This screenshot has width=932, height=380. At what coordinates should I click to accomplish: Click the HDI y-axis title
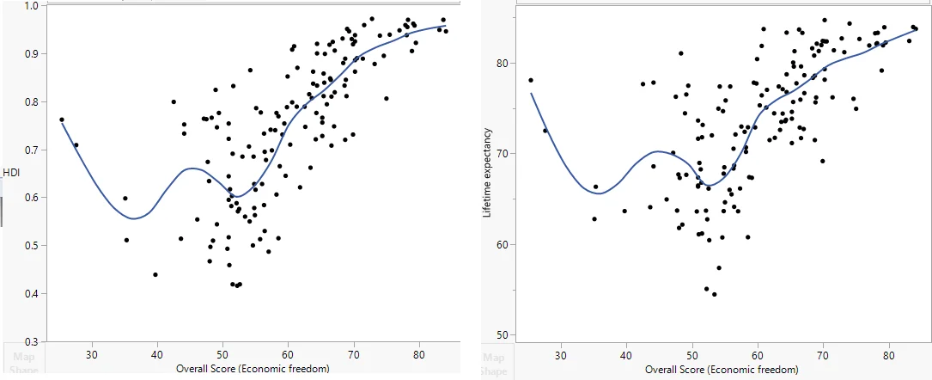click(x=11, y=173)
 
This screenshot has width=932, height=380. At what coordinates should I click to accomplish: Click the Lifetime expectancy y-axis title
click(x=487, y=172)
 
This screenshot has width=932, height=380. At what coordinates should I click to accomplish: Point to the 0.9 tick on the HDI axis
click(x=30, y=53)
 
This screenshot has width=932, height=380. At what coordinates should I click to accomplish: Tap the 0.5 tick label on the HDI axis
click(x=30, y=246)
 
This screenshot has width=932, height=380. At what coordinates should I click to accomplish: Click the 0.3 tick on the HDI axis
click(x=30, y=342)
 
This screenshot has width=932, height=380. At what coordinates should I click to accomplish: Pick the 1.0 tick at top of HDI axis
click(x=30, y=6)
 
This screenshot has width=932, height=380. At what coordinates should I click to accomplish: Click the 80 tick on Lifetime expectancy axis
click(x=506, y=63)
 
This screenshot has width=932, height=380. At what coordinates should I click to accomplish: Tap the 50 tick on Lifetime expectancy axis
click(x=506, y=334)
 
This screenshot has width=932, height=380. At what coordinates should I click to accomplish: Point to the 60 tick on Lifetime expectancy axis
click(x=506, y=244)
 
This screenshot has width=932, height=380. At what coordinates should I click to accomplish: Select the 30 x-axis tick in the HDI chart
click(x=91, y=354)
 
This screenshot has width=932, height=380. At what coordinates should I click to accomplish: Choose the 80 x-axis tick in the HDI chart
click(x=418, y=354)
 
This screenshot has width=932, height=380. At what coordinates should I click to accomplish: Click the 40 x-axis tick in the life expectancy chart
click(x=627, y=354)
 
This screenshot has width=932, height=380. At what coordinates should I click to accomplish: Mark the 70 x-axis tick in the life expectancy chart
click(x=823, y=354)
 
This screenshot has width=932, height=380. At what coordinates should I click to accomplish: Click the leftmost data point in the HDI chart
click(x=62, y=120)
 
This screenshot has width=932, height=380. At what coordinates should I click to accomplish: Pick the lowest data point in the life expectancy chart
click(x=714, y=294)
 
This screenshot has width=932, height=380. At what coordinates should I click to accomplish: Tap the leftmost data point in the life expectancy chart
click(x=531, y=80)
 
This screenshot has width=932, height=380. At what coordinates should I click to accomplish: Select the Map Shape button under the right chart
click(x=494, y=364)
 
